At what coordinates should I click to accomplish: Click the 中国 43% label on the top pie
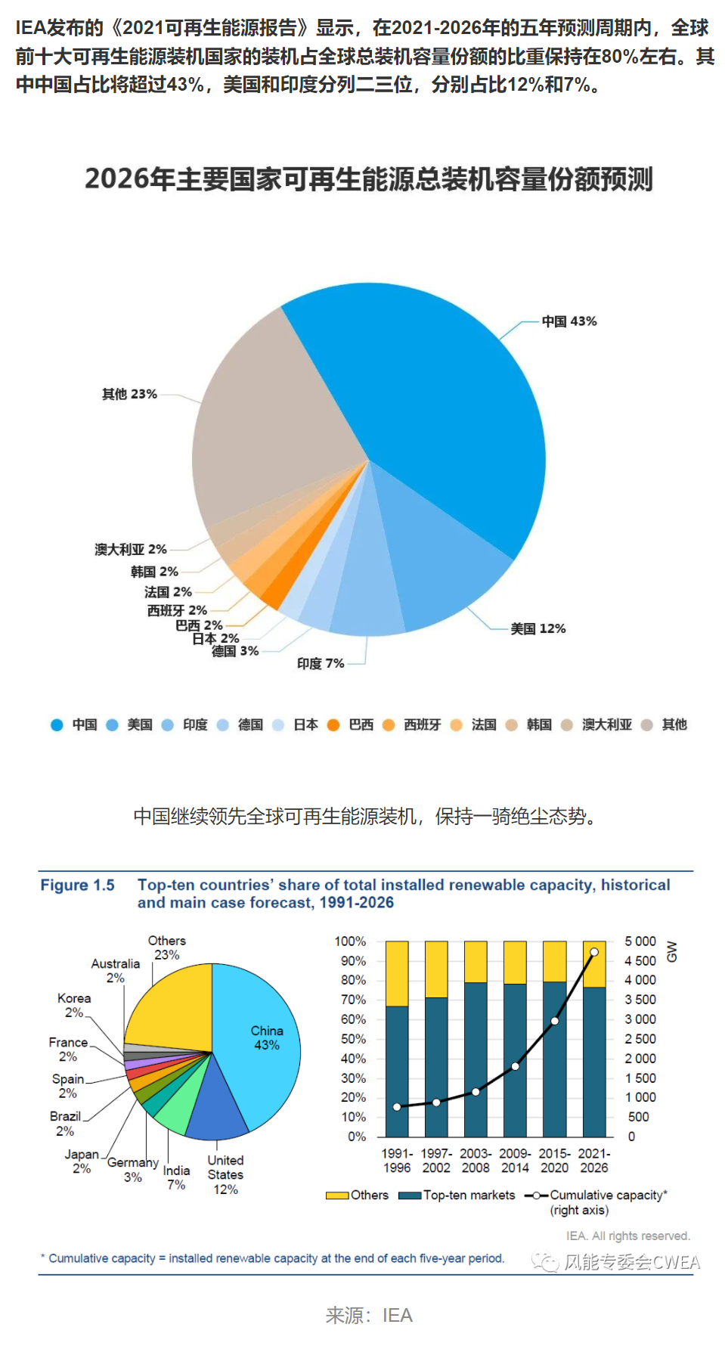click(569, 321)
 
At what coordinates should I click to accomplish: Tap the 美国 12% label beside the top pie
click(538, 628)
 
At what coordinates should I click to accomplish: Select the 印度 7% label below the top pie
click(321, 663)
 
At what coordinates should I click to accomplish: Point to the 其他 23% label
click(129, 394)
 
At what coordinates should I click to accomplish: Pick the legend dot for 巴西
click(333, 724)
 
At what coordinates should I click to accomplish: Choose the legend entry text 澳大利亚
click(606, 724)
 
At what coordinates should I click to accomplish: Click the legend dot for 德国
click(223, 724)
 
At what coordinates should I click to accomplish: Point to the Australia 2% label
click(115, 970)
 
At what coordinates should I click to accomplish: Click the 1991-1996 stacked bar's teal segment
click(397, 1074)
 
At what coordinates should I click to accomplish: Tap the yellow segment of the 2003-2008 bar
click(476, 961)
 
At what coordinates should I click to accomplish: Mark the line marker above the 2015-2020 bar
click(555, 1021)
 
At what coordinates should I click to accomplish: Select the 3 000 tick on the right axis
click(640, 1019)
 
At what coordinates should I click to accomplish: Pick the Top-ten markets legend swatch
click(410, 1195)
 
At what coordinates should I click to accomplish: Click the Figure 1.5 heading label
click(77, 885)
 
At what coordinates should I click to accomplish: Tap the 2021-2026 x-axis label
click(593, 1160)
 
